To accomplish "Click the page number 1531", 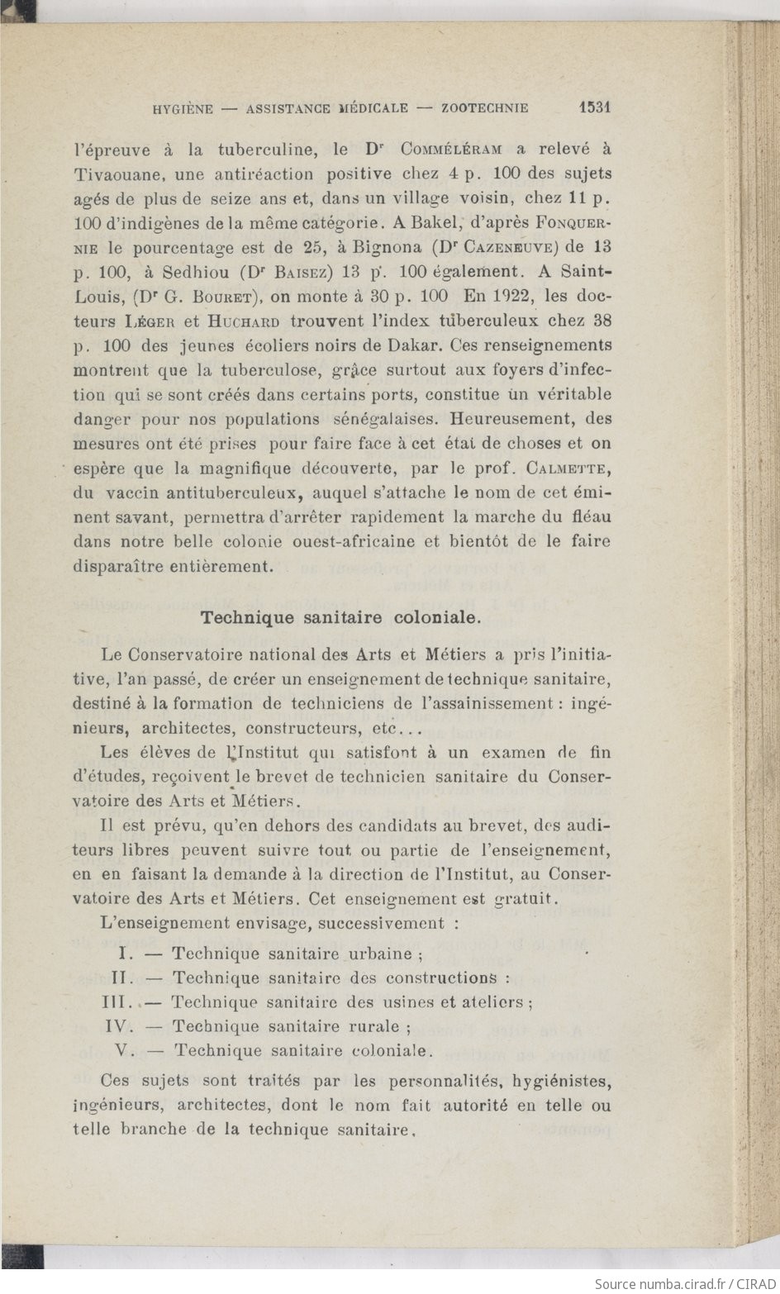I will [593, 107].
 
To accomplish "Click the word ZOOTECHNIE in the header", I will [485, 108].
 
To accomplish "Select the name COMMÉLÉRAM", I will [451, 150].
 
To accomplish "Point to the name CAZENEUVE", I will [507, 247].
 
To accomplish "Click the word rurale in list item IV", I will [373, 1027].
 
